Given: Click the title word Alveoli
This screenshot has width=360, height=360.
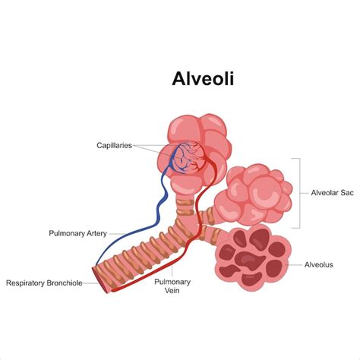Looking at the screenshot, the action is point(203,79).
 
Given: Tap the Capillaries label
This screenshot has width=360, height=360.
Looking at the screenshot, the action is point(115,146).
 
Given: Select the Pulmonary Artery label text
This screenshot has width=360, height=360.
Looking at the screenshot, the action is point(78,233).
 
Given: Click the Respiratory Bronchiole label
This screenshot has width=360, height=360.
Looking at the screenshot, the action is point(44,283).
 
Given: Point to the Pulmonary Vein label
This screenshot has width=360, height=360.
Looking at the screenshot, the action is point(172,286).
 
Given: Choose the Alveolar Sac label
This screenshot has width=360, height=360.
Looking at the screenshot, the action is point(332,193).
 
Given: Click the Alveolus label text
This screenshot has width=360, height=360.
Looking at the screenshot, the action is point(319,265).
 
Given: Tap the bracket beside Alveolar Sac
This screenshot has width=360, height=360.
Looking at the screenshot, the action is point(300,193).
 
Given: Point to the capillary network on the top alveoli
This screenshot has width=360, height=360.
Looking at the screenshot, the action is point(188,158).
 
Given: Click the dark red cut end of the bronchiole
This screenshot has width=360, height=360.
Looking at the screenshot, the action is point(99,279).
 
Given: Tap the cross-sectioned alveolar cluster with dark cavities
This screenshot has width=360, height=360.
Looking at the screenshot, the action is point(253,258).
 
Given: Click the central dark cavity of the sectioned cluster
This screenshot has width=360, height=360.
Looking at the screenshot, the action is point(249,261).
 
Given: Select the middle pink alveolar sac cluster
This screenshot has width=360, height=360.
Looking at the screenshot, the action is point(253,195).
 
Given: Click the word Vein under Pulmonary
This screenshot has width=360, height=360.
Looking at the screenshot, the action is point(172,290).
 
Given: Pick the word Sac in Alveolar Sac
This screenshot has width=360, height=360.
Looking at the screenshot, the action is point(347,193).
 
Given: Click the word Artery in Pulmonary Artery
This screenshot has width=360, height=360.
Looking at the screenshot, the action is point(97,233).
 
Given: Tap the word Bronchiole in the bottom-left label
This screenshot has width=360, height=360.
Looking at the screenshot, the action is point(64,283).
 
